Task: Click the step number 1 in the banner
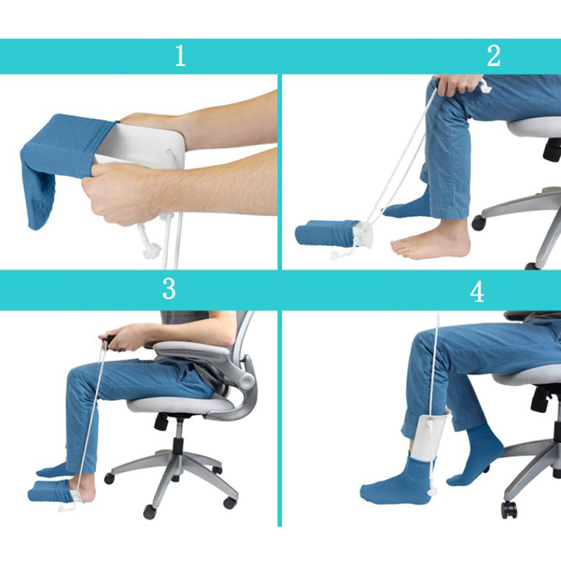click(180, 56)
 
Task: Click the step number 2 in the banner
click(494, 56)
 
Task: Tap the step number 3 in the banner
click(169, 289)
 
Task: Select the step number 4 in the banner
click(477, 292)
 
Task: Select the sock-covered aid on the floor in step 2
click(327, 234)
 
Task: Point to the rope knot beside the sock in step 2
click(336, 255)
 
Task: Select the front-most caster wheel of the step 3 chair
click(149, 513)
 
